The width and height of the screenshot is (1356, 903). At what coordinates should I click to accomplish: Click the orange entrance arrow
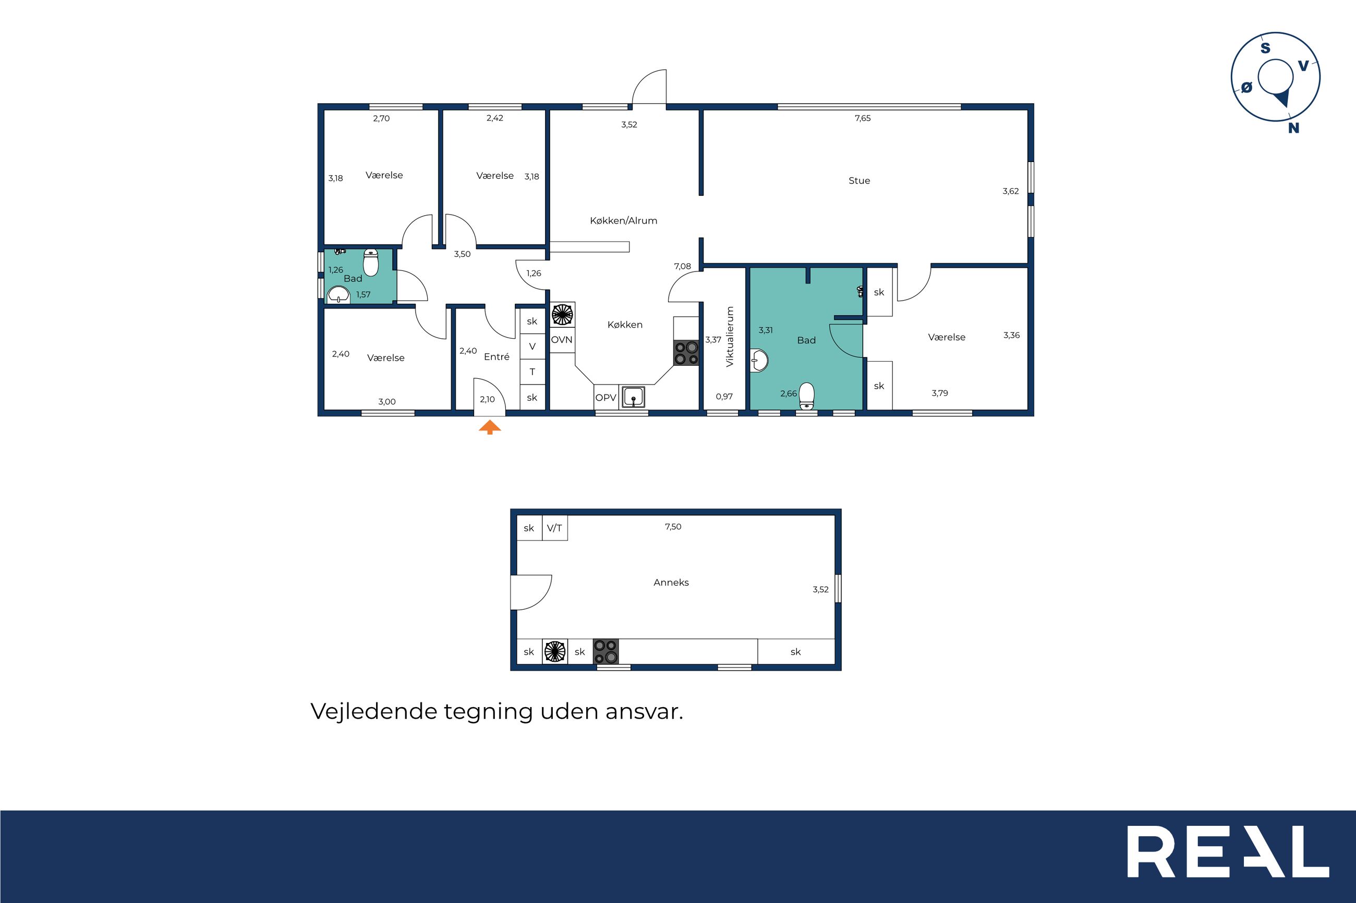[x=490, y=427]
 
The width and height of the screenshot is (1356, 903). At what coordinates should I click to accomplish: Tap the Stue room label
[x=859, y=181]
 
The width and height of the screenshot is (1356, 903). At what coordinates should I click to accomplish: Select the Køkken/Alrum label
[x=624, y=220]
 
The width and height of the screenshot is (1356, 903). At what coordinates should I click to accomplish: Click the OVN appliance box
[x=562, y=340]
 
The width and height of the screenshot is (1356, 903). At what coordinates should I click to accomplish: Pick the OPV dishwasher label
[x=606, y=398]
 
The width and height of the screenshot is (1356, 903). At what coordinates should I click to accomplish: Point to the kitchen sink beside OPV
[x=633, y=398]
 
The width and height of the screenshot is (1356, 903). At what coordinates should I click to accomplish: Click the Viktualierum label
[x=730, y=337]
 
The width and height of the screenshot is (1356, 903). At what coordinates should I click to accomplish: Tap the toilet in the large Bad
[x=807, y=396]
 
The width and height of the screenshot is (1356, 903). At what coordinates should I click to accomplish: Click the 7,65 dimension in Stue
[x=863, y=118]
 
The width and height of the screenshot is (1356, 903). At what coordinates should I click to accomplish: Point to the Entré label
[x=497, y=357]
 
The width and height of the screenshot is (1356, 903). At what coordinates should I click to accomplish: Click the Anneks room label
[x=671, y=582]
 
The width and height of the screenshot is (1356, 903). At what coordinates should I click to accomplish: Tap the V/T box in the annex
[x=554, y=528]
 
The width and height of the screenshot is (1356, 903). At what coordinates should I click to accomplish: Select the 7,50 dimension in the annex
[x=673, y=526]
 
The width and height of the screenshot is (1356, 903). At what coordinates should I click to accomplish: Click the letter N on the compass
[x=1294, y=128]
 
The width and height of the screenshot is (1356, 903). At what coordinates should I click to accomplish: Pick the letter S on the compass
[x=1266, y=48]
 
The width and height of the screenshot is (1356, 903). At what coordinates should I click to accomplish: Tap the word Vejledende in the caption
[x=374, y=712]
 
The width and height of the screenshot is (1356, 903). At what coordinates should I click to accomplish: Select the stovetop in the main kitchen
[x=686, y=353]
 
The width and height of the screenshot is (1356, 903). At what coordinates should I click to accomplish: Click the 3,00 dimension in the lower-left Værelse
[x=386, y=402]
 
